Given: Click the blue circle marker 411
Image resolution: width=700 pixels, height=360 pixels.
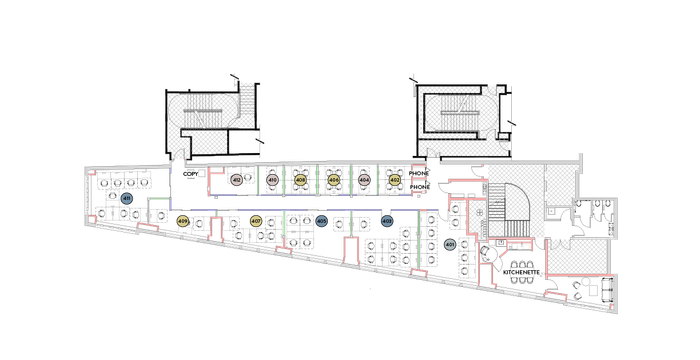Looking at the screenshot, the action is tap(127, 199).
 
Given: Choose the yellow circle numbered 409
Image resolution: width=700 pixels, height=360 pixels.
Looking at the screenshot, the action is tap(182, 221).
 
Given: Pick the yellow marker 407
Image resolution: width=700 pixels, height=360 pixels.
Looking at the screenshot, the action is tap(255, 221).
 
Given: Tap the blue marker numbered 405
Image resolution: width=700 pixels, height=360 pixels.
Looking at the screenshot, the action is tap(321, 220).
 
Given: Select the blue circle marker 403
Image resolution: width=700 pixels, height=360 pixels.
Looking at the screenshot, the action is tap(386, 221).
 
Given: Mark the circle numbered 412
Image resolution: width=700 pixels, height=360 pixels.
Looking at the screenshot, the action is tap(237, 181).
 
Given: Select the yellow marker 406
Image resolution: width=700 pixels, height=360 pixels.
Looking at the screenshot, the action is tap(334, 181).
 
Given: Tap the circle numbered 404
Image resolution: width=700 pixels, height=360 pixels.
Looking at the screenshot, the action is tap(365, 181).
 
